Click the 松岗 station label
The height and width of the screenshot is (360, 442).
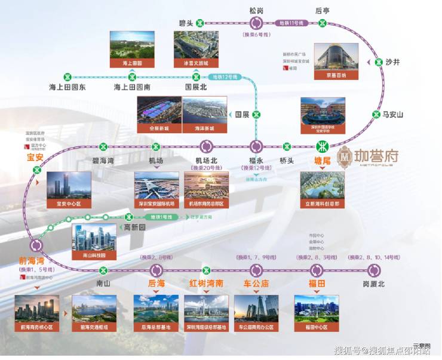tap(256, 10)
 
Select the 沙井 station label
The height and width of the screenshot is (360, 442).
tap(392, 61)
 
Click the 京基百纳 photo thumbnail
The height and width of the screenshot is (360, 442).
tap(336, 61)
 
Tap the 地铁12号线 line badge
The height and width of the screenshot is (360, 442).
tap(225, 76)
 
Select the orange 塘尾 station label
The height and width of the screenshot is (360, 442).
tap(323, 161)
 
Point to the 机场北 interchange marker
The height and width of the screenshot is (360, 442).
tap(207, 146)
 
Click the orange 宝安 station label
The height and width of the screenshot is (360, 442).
tap(35, 158)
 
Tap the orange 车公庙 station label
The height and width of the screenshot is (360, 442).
tap(256, 283)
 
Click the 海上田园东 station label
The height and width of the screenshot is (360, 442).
tap(67, 88)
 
